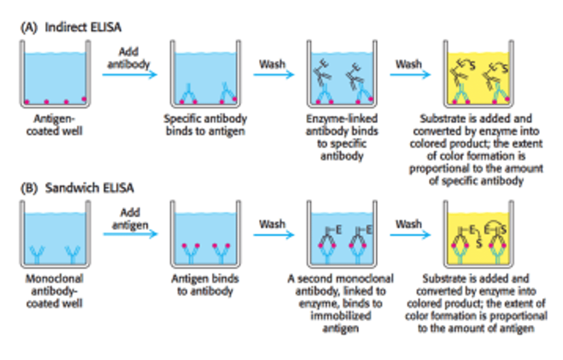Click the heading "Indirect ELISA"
tap(83, 27)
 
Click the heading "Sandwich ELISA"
tap(90, 188)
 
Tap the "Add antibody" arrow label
tap(129, 58)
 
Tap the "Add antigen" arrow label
tap(130, 219)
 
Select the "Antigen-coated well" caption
tap(54, 125)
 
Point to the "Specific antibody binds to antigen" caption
tap(205, 125)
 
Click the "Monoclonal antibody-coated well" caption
tap(54, 291)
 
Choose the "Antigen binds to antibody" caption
tap(205, 285)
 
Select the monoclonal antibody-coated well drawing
tap(55, 235)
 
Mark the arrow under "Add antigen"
tap(131, 234)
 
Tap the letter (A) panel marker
tap(29, 27)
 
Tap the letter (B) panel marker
tap(29, 188)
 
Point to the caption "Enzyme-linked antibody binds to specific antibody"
tap(342, 137)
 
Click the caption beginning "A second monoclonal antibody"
tap(341, 303)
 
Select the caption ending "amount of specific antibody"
tap(476, 149)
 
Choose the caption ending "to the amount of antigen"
tap(476, 303)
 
